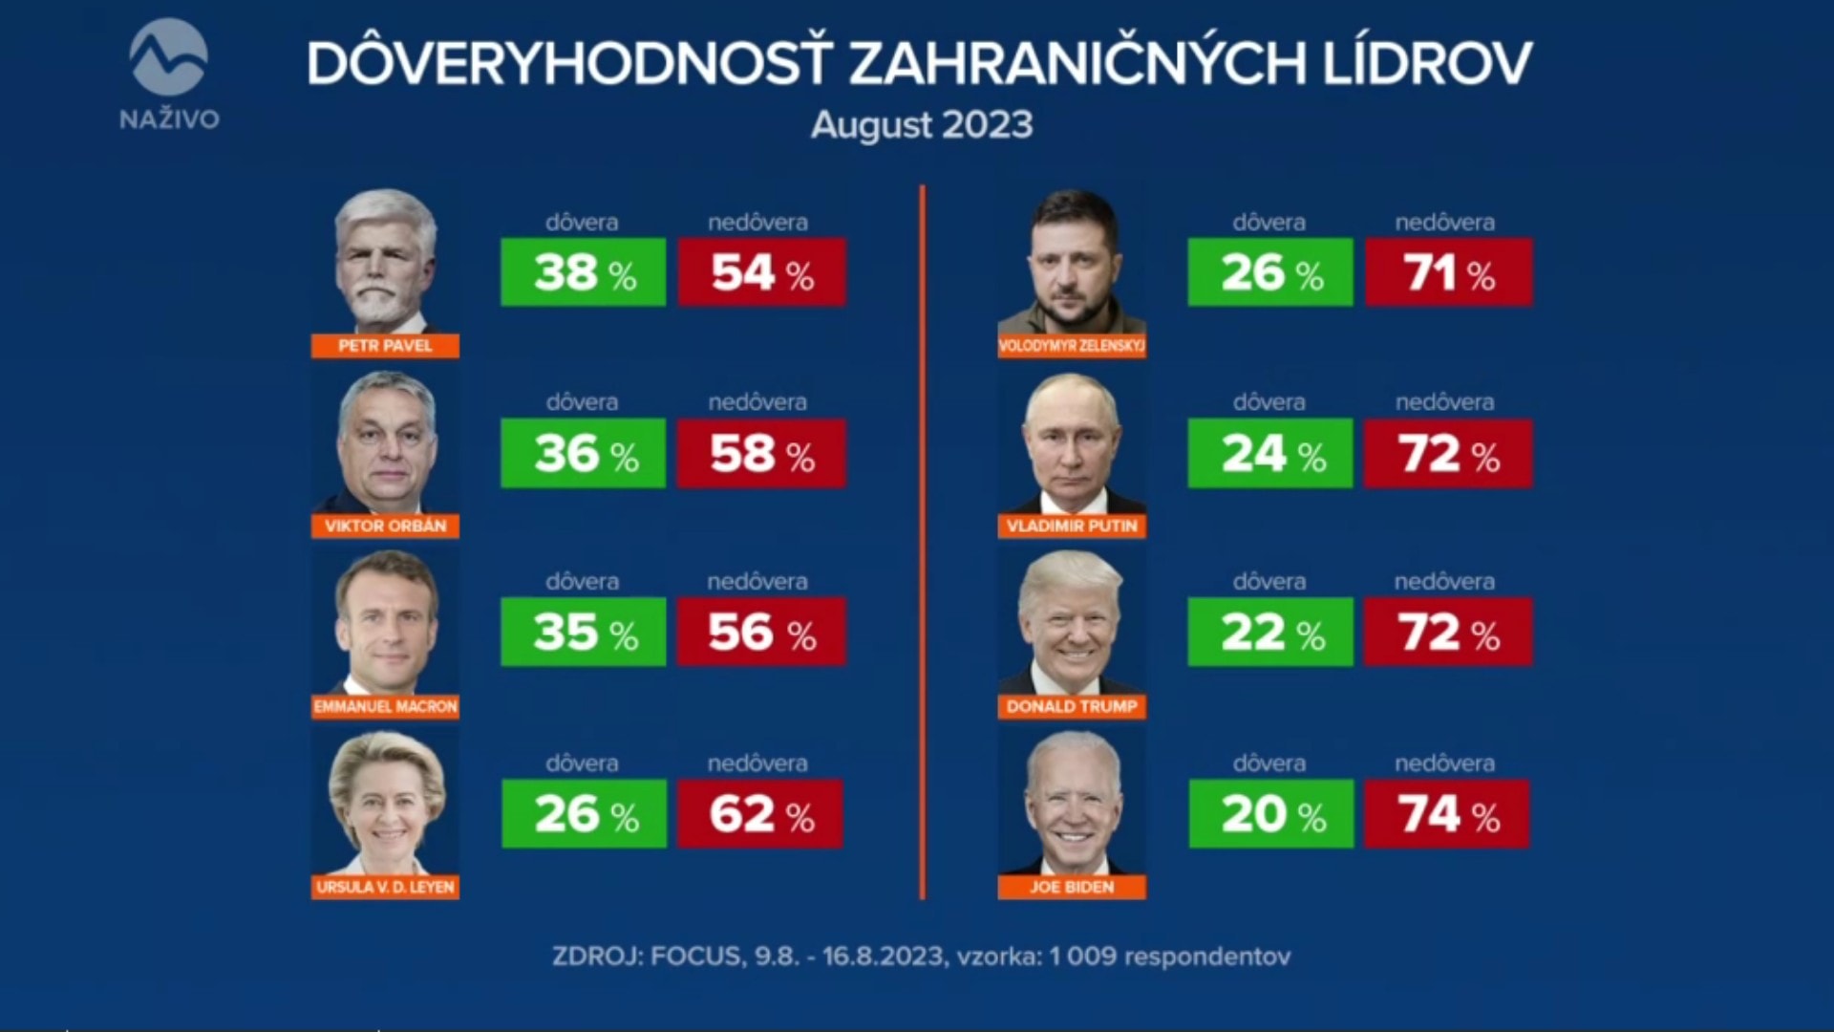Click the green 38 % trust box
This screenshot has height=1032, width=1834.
tap(583, 272)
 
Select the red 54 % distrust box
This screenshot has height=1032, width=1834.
tap(761, 272)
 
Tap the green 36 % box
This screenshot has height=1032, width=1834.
tap(583, 453)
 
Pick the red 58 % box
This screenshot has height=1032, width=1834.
tap(761, 453)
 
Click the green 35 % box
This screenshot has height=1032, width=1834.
tap(583, 632)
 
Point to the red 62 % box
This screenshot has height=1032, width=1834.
tap(760, 814)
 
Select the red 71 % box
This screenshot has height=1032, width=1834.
tap(1448, 272)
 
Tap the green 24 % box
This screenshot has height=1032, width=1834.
tap(1269, 453)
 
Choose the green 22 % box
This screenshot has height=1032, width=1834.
tap(1269, 632)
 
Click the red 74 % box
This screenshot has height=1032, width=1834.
tap(1446, 814)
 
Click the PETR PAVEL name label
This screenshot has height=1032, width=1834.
tap(385, 346)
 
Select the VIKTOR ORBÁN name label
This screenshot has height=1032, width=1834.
tap(385, 526)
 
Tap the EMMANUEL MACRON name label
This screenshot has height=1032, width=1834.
tap(385, 706)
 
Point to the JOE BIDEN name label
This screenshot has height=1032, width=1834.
tap(1072, 887)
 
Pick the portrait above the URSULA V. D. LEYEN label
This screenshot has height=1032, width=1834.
tap(385, 803)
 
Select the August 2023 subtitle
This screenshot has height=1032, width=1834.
tap(922, 125)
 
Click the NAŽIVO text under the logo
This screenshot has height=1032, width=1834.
tap(169, 119)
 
